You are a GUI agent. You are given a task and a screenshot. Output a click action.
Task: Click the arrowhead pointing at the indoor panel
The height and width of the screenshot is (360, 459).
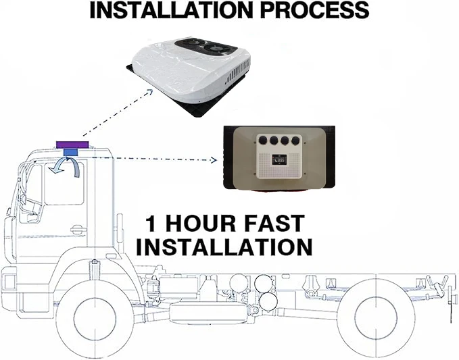click(214, 160)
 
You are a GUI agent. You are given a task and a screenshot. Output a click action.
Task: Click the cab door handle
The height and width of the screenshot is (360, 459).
click(76, 230)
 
